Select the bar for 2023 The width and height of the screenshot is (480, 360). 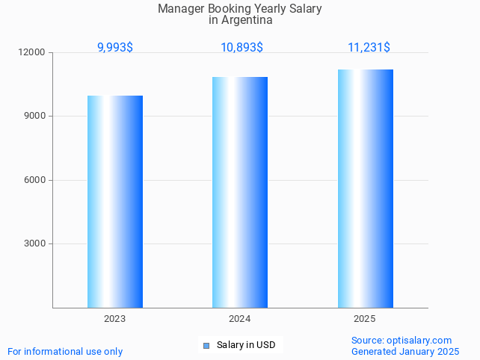click(115, 202)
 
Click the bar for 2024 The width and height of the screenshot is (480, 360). click(240, 192)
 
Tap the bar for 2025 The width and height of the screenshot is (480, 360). click(365, 188)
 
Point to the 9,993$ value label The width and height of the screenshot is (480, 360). click(115, 48)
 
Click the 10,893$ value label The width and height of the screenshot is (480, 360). click(241, 48)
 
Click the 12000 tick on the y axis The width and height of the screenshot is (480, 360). click(33, 53)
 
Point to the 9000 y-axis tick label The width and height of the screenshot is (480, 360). click(35, 117)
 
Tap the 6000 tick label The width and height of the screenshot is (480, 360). click(35, 180)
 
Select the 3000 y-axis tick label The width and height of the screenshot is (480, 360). click(35, 244)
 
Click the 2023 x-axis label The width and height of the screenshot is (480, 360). click(115, 319)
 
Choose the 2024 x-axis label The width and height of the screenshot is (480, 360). click(240, 319)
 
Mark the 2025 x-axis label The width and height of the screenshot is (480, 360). click(365, 319)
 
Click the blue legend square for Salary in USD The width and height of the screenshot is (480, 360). click(206, 345)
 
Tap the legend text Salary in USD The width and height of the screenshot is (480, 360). click(246, 345)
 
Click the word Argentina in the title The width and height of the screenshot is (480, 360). click(241, 21)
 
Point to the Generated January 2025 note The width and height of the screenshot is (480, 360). click(405, 351)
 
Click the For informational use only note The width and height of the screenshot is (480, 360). click(65, 351)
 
